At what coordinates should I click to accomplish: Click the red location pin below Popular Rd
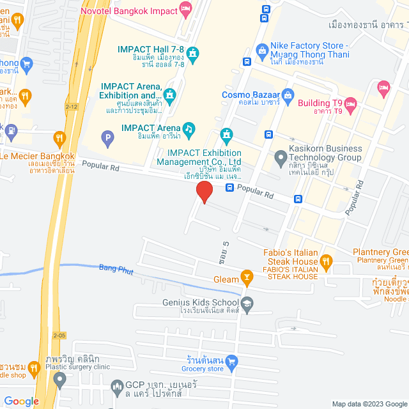pos(204,192)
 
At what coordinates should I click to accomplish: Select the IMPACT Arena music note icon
pos(189,128)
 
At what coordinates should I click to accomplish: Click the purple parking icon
pos(108,136)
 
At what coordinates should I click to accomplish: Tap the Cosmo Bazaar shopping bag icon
pos(288,95)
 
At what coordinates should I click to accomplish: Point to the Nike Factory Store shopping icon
pos(261,50)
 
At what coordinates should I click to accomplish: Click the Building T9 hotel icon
pos(351,104)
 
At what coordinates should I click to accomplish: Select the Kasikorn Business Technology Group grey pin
pos(280,157)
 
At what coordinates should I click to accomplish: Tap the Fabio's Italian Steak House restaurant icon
pos(326,260)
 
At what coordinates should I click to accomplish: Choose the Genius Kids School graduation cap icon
pos(247,303)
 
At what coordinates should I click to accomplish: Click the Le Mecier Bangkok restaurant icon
pos(59,137)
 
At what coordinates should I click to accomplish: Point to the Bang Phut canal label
pos(116,270)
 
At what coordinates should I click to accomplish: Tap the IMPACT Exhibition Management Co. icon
pos(226,135)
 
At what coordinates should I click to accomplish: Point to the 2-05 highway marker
pos(59,335)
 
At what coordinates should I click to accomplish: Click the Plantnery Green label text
pos(381,252)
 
